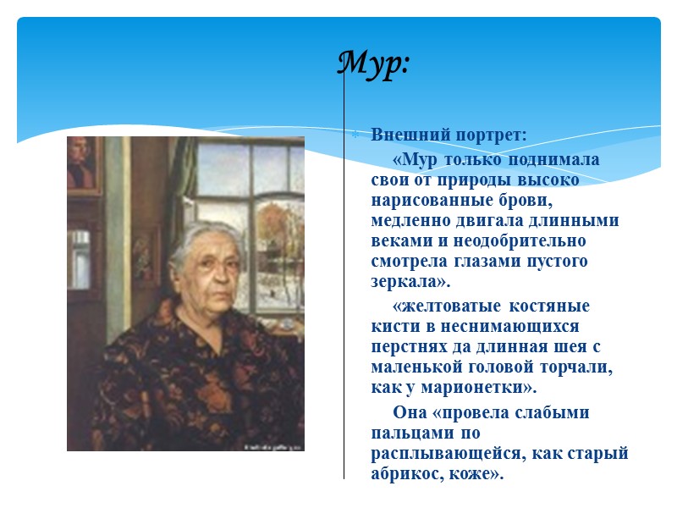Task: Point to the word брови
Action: [x=506, y=200]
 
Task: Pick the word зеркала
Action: [x=403, y=281]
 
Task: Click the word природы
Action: [x=474, y=179]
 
